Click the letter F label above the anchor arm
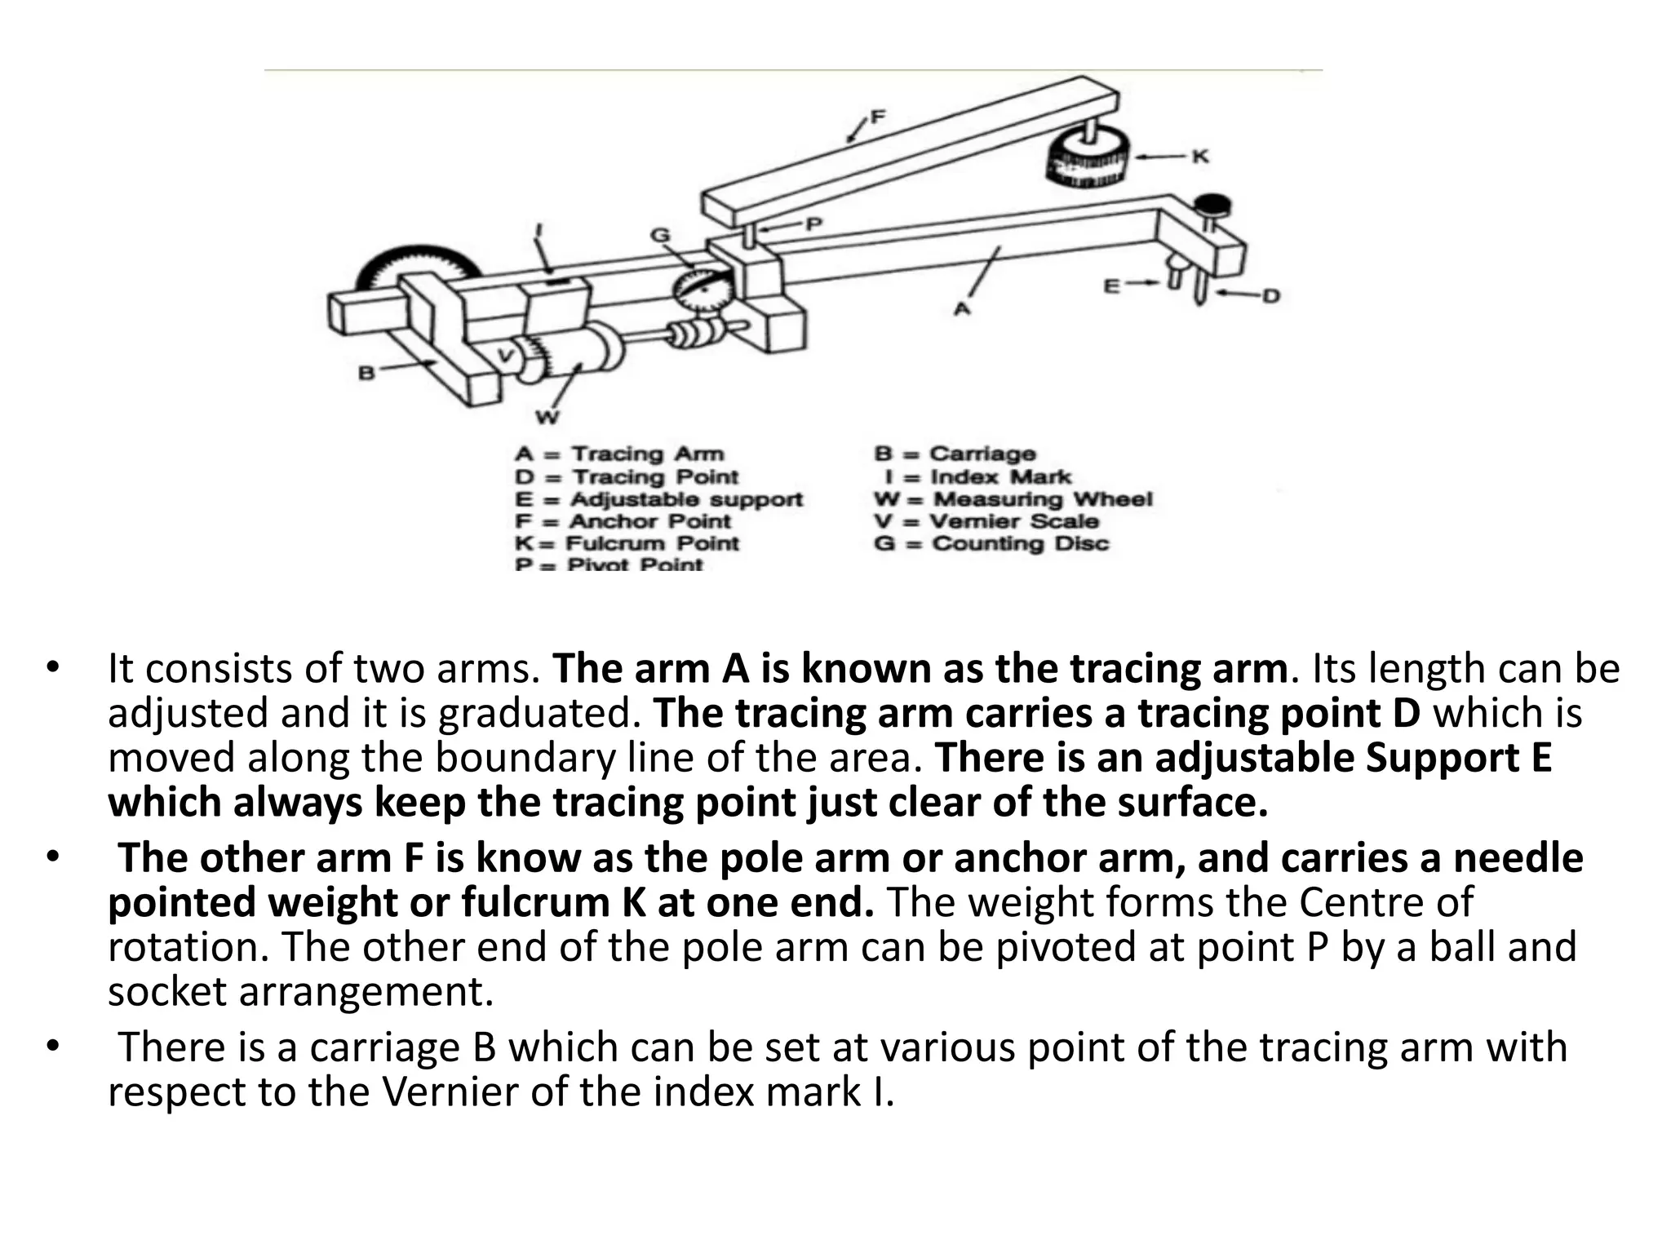pyautogui.click(x=877, y=117)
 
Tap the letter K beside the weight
pyautogui.click(x=1199, y=157)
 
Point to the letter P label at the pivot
pyautogui.click(x=813, y=224)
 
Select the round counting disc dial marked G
pyautogui.click(x=698, y=290)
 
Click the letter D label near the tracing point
pyautogui.click(x=1270, y=296)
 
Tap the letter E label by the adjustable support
pyautogui.click(x=1111, y=286)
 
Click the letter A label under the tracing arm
pyautogui.click(x=963, y=309)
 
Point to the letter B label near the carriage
pyautogui.click(x=366, y=374)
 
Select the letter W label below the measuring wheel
pyautogui.click(x=547, y=418)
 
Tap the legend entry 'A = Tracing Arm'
pyautogui.click(x=619, y=454)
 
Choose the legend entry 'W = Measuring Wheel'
pyautogui.click(x=1013, y=498)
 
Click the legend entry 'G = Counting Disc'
pyautogui.click(x=991, y=543)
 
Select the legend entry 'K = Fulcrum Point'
pyautogui.click(x=627, y=543)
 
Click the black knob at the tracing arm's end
pyautogui.click(x=1213, y=202)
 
